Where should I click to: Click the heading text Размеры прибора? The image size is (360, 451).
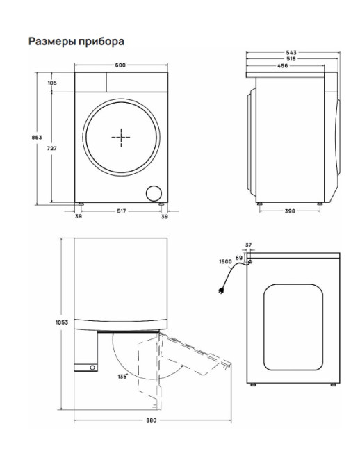(76, 42)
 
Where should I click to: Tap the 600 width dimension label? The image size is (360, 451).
(120, 65)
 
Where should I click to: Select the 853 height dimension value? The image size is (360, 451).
(37, 138)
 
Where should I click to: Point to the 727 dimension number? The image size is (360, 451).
(51, 149)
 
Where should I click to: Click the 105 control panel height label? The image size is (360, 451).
(52, 83)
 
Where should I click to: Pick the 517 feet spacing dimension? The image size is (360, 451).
(122, 211)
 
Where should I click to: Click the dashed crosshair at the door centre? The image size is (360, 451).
(121, 138)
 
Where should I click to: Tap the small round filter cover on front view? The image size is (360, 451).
(154, 193)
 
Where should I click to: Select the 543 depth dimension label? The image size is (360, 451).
(291, 53)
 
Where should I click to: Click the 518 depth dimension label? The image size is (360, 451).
(291, 59)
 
